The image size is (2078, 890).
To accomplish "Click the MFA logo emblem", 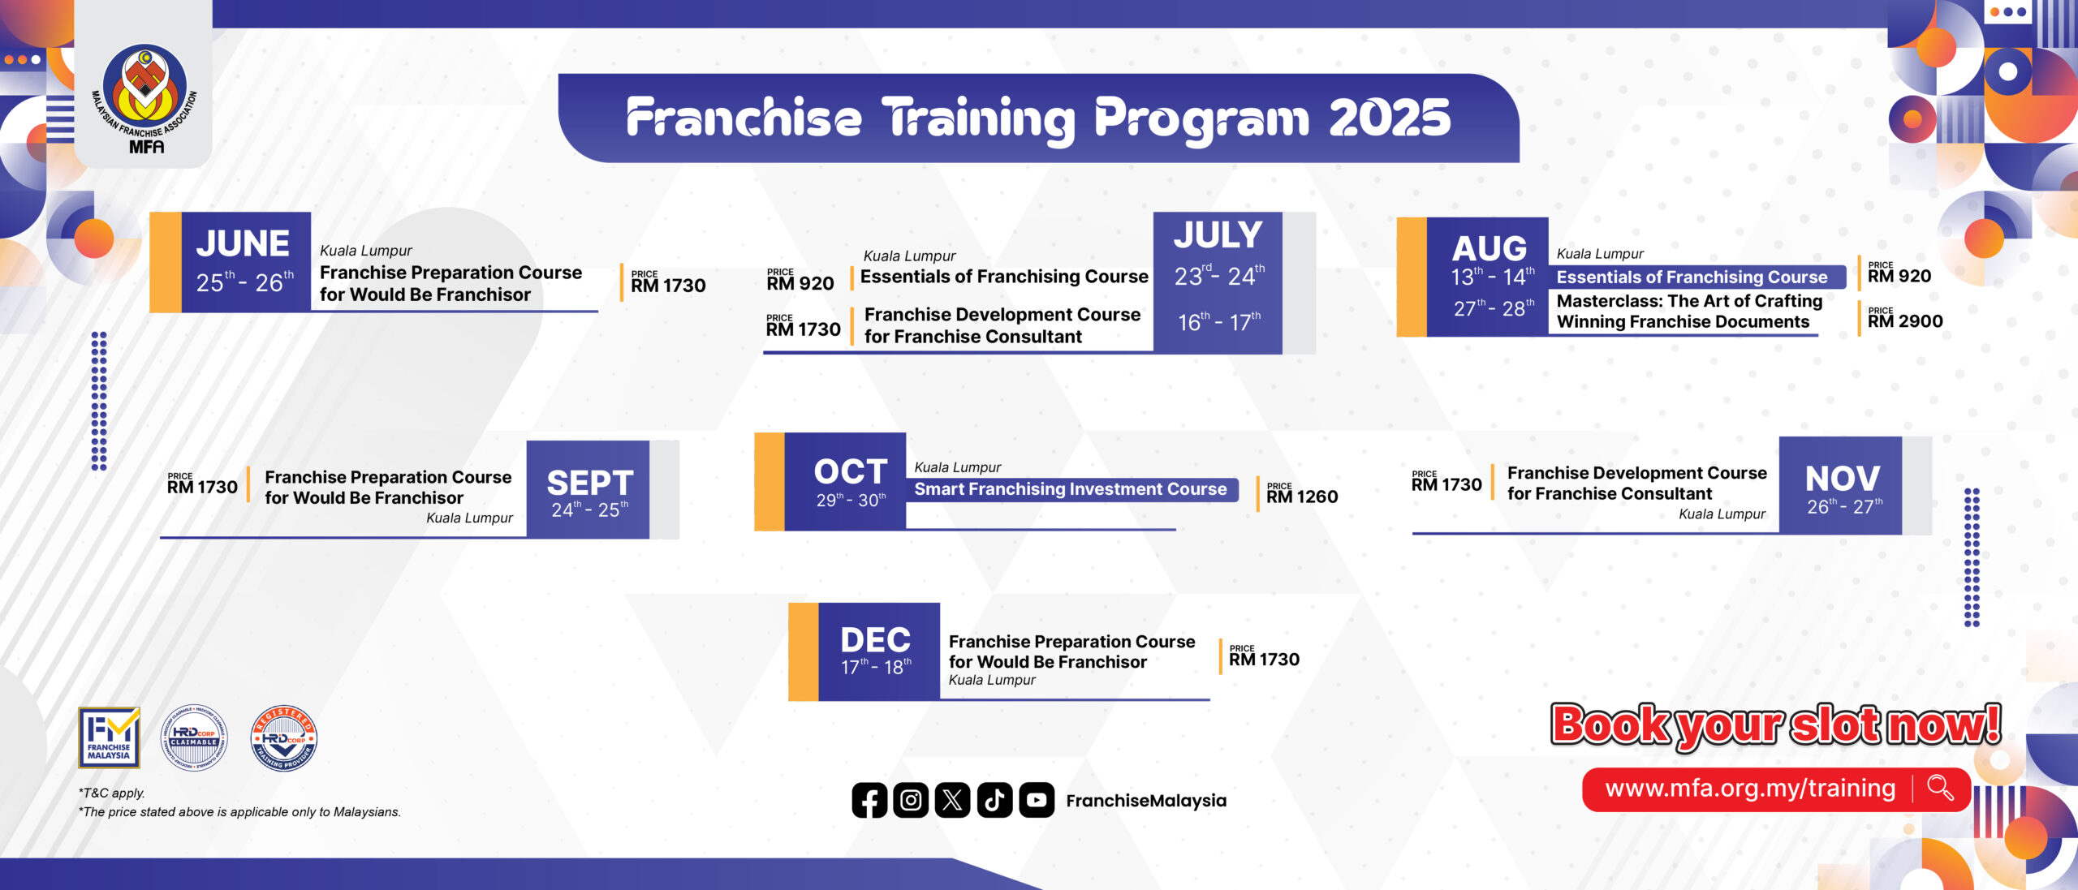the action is coord(145,98).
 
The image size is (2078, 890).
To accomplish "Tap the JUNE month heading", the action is coord(243,243).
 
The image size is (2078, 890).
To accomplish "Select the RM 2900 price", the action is coord(1905,321).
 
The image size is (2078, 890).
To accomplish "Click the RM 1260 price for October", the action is coord(1302,497).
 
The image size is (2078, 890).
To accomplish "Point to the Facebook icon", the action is coord(869,800).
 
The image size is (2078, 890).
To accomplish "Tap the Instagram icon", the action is coord(911,800).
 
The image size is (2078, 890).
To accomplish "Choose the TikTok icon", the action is coord(994,800).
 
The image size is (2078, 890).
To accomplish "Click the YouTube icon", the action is coord(1037,800).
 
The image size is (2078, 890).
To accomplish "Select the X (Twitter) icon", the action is coord(953,800).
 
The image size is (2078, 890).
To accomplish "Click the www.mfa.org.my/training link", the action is coord(1750,789).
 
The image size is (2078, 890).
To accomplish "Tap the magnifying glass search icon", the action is coord(1940,788).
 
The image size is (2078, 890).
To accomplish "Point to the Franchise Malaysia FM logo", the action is coord(109,737).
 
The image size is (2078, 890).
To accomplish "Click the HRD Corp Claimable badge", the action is coord(194,737).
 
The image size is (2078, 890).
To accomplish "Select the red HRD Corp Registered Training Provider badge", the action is coord(283,737).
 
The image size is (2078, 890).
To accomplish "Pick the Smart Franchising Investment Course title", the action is coord(1071,489).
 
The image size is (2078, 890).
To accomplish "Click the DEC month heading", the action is coord(876,640).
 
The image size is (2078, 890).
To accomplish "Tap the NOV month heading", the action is coord(1843,479).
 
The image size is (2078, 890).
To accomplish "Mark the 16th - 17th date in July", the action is coord(1219,322).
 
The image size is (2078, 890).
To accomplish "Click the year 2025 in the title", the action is coord(1390,118).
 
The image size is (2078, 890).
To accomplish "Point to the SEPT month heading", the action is coord(590,484).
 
